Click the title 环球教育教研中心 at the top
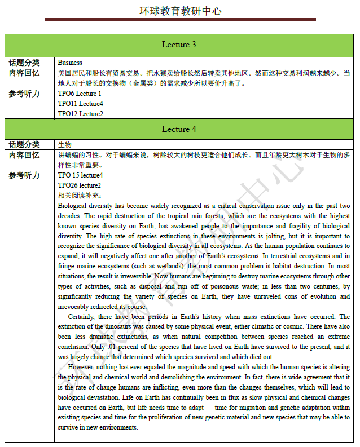180,11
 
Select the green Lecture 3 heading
179,45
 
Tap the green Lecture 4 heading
179,129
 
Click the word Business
70,63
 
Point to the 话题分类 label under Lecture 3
24,63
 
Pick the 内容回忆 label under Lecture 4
24,155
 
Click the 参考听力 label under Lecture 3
24,94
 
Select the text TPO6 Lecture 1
80,94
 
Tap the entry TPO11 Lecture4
80,104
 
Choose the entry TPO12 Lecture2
80,114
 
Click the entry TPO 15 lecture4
80,175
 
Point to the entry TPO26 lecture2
79,185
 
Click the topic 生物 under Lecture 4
64,145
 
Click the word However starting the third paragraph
81,367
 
